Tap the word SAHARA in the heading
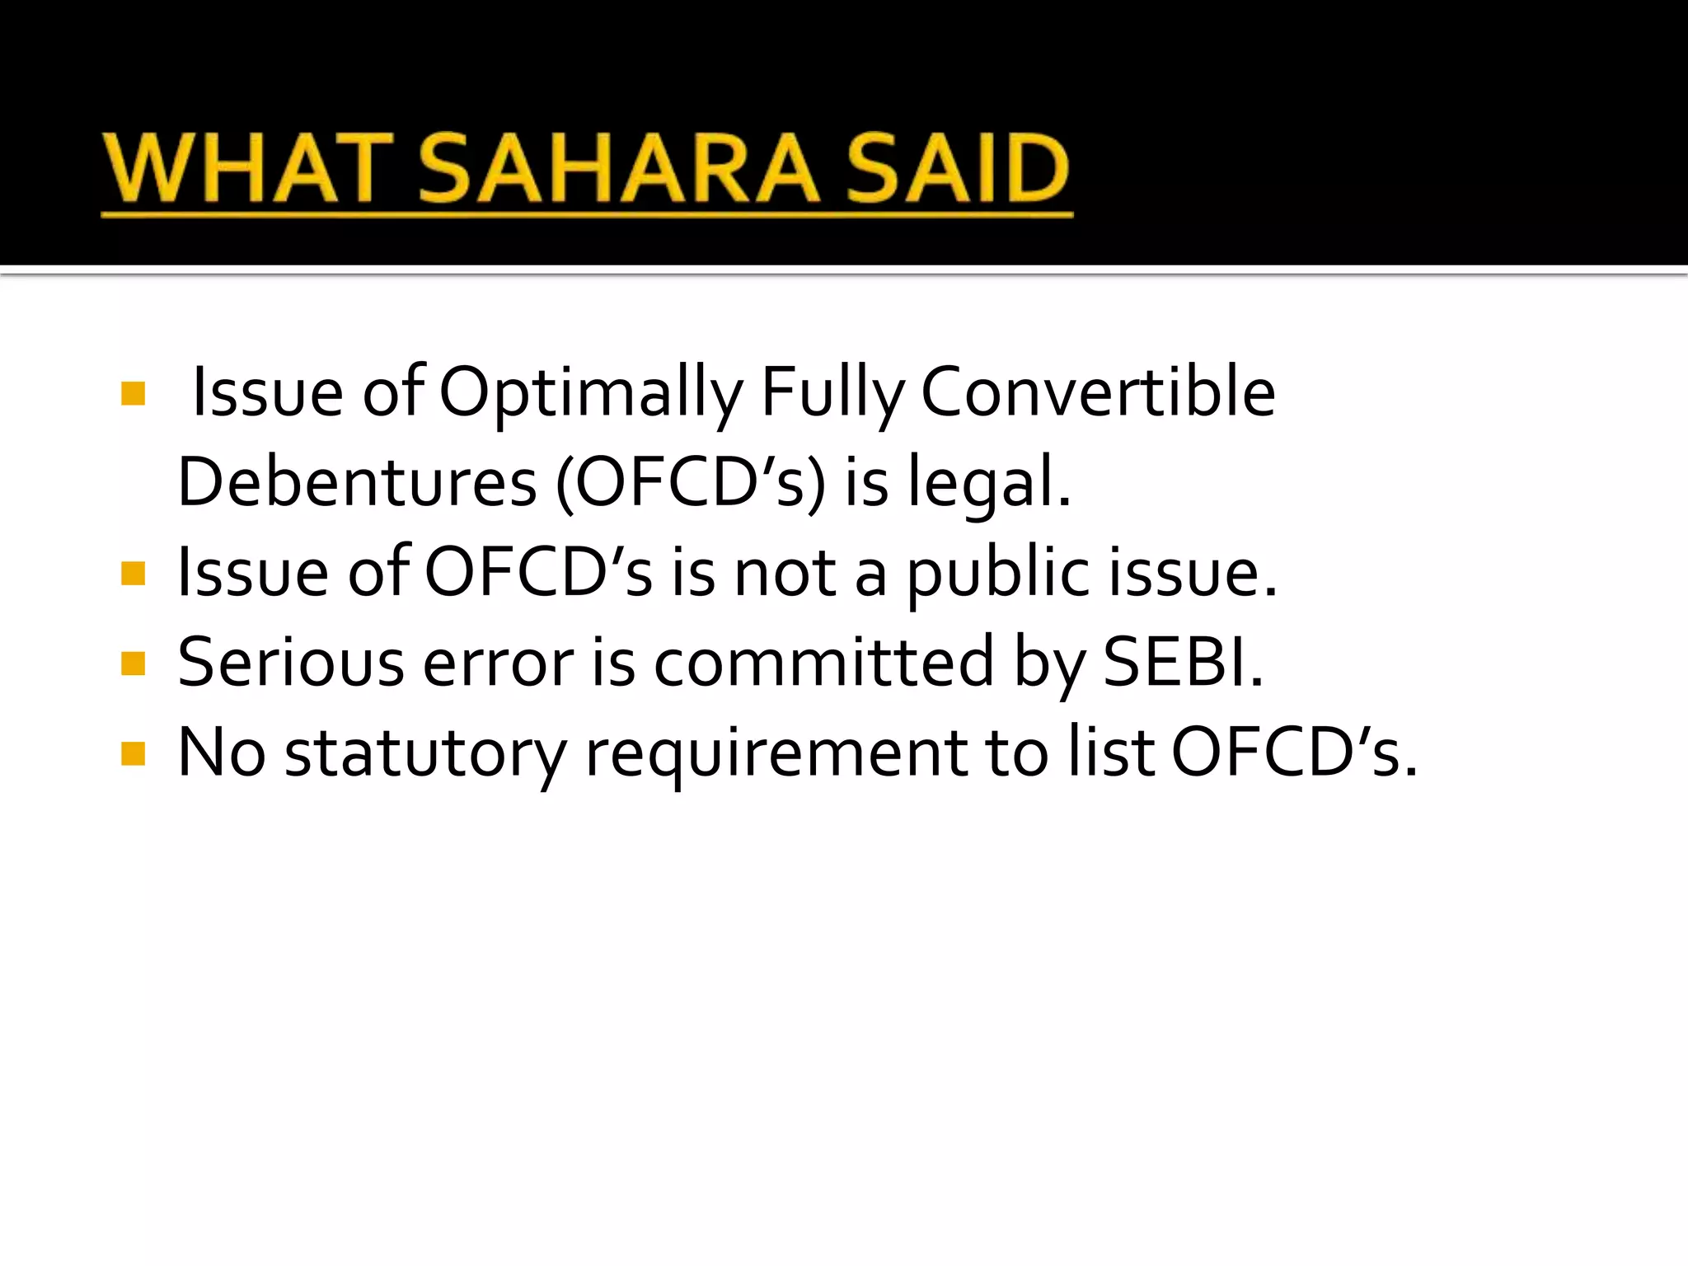pyautogui.click(x=619, y=169)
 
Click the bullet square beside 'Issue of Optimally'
pyautogui.click(x=133, y=393)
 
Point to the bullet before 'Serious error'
pyautogui.click(x=133, y=663)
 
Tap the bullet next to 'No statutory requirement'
pyautogui.click(x=133, y=753)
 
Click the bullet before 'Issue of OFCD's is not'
pyautogui.click(x=133, y=573)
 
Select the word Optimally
pyautogui.click(x=591, y=394)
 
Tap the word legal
pyautogui.click(x=988, y=483)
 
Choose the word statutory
pyautogui.click(x=425, y=753)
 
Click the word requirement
pyautogui.click(x=776, y=753)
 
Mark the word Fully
pyautogui.click(x=832, y=394)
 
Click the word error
pyautogui.click(x=498, y=663)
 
